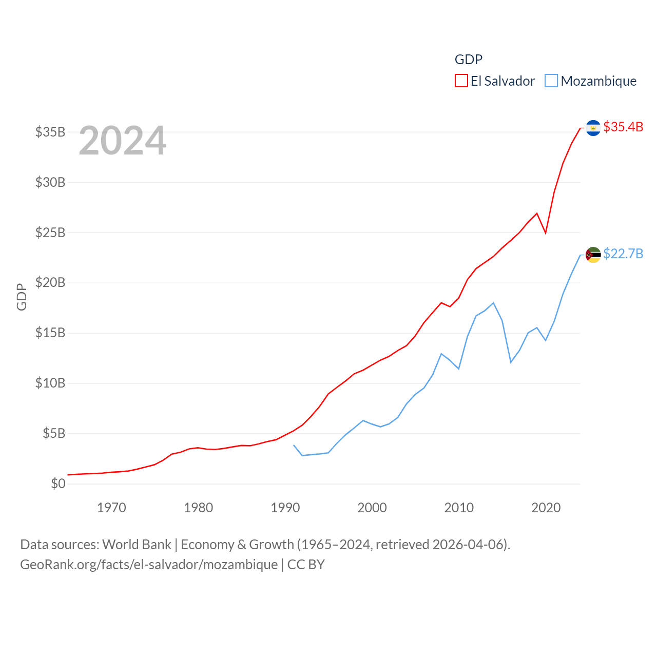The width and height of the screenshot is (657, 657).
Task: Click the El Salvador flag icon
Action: click(x=593, y=127)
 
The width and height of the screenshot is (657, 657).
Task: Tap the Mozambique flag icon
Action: click(x=593, y=255)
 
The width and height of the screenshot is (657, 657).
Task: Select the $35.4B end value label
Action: click(x=623, y=127)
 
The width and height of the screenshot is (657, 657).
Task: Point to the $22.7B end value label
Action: click(x=623, y=254)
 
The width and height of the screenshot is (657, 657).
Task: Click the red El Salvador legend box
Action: click(x=461, y=81)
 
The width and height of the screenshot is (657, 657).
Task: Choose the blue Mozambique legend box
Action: click(x=551, y=81)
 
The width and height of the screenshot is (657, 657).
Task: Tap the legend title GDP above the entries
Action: click(x=469, y=60)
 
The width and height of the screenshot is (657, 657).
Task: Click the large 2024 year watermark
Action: click(x=123, y=141)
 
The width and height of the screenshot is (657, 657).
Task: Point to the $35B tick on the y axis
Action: click(x=50, y=132)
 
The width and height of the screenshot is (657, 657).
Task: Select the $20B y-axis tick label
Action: click(x=50, y=282)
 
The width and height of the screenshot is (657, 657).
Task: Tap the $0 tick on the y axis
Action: click(x=58, y=484)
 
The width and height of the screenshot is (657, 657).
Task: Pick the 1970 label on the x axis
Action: click(x=111, y=508)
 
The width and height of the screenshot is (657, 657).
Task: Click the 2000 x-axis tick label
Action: click(x=372, y=508)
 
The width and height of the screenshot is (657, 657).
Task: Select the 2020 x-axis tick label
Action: click(x=546, y=508)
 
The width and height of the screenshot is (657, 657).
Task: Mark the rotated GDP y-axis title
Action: click(x=22, y=297)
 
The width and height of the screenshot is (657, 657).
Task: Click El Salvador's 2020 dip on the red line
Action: click(x=546, y=233)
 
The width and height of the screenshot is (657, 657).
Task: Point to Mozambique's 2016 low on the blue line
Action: click(x=511, y=362)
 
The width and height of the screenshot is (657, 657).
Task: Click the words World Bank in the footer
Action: click(x=137, y=544)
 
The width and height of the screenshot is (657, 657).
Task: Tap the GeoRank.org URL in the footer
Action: click(x=149, y=565)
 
